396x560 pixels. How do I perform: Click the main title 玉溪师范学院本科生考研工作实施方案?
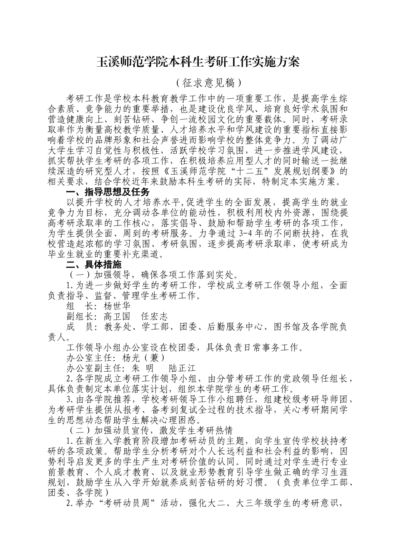tap(198, 63)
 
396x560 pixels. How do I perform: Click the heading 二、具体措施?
tap(94, 265)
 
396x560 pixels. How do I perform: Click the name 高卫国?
tap(117, 316)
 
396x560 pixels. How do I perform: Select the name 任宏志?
tap(154, 316)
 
